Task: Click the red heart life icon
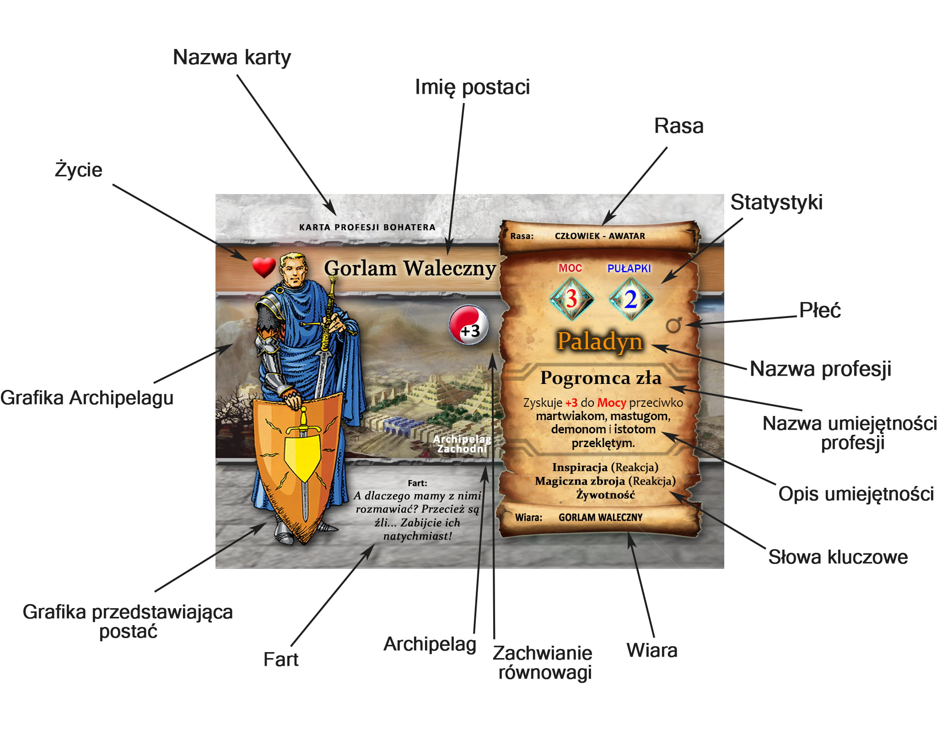(x=264, y=267)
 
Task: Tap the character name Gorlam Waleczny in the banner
(x=410, y=268)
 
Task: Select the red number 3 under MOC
(x=571, y=299)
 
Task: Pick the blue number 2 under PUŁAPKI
(x=631, y=299)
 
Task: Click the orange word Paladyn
(x=600, y=341)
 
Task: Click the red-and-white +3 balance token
(x=469, y=325)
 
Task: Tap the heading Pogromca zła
(x=601, y=378)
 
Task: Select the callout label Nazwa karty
(x=232, y=58)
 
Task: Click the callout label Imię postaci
(x=472, y=87)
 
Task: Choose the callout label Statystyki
(x=776, y=202)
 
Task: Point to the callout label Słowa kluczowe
(x=838, y=557)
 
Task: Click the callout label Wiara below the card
(x=652, y=650)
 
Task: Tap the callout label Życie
(x=79, y=169)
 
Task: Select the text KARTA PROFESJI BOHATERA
(x=367, y=227)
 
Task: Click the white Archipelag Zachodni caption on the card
(x=462, y=444)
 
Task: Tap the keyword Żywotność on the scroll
(x=605, y=495)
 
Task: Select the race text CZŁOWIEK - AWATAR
(x=600, y=236)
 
